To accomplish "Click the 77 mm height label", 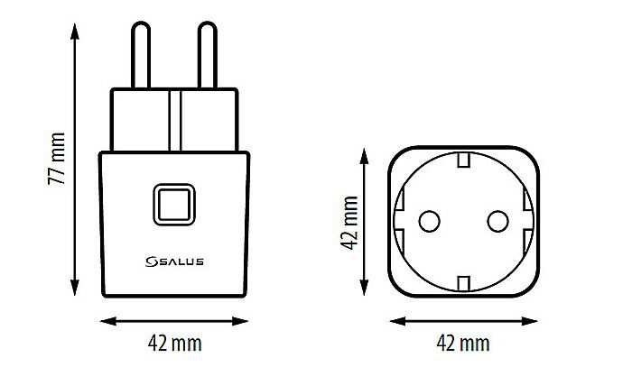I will pyautogui.click(x=56, y=161).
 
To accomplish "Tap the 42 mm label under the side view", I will pyautogui.click(x=174, y=344).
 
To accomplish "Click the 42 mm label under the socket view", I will pyautogui.click(x=463, y=344).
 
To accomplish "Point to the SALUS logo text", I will pyautogui.click(x=181, y=261).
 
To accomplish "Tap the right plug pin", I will pyautogui.click(x=206, y=54).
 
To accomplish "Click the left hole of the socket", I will pyautogui.click(x=430, y=218).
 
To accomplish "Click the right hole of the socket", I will pyautogui.click(x=497, y=218).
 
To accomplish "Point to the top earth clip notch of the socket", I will pyautogui.click(x=463, y=161).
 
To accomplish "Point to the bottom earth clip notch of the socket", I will pyautogui.click(x=463, y=283).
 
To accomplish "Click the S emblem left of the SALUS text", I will pyautogui.click(x=151, y=261).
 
